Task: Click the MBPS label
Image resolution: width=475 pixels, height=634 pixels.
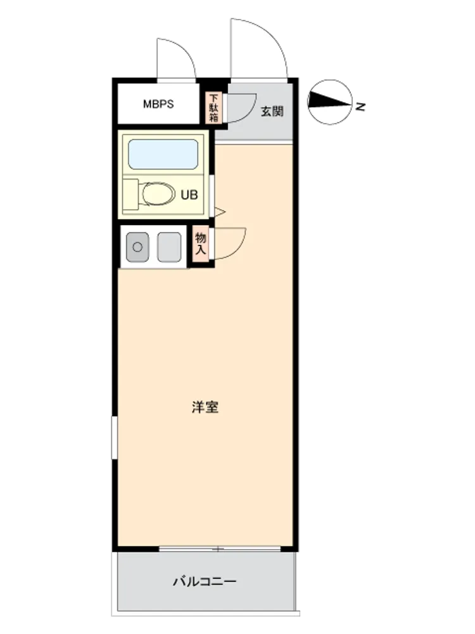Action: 158,104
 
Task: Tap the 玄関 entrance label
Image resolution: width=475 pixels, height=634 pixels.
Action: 272,111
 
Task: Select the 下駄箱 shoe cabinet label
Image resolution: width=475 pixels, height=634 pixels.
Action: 213,108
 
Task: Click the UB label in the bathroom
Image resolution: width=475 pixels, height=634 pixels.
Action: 189,195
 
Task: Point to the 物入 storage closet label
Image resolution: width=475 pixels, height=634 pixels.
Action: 200,243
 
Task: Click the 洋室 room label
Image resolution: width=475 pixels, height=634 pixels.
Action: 205,407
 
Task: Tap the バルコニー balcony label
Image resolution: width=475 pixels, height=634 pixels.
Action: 205,581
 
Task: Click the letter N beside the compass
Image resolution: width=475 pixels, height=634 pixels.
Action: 360,107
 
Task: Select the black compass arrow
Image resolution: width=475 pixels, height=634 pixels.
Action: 329,101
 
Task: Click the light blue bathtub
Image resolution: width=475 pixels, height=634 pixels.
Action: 163,154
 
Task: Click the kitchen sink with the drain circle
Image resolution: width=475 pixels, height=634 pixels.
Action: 137,247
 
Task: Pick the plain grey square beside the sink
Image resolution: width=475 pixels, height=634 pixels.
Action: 169,247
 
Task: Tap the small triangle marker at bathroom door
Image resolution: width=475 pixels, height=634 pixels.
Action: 220,212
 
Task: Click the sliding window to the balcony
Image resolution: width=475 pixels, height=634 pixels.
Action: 220,548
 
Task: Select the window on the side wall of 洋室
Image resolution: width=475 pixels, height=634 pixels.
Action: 114,437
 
